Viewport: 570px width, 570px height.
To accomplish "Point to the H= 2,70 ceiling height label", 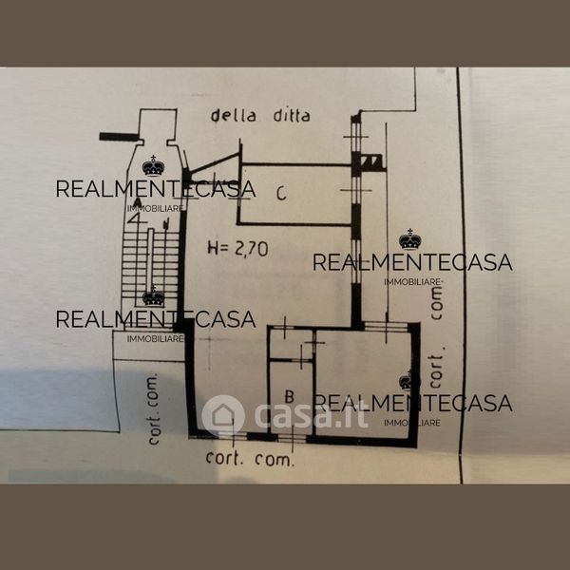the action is [x=238, y=249].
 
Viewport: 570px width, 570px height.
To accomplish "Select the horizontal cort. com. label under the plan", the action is [x=250, y=458].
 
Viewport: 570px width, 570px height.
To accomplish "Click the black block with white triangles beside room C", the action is [x=371, y=163].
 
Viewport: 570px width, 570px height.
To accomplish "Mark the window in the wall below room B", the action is [x=291, y=437].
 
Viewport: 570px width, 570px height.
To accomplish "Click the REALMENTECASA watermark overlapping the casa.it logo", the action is [x=412, y=403].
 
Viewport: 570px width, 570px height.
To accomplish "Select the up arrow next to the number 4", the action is [x=164, y=223].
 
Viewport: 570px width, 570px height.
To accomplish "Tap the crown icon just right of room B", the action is [x=409, y=381].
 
